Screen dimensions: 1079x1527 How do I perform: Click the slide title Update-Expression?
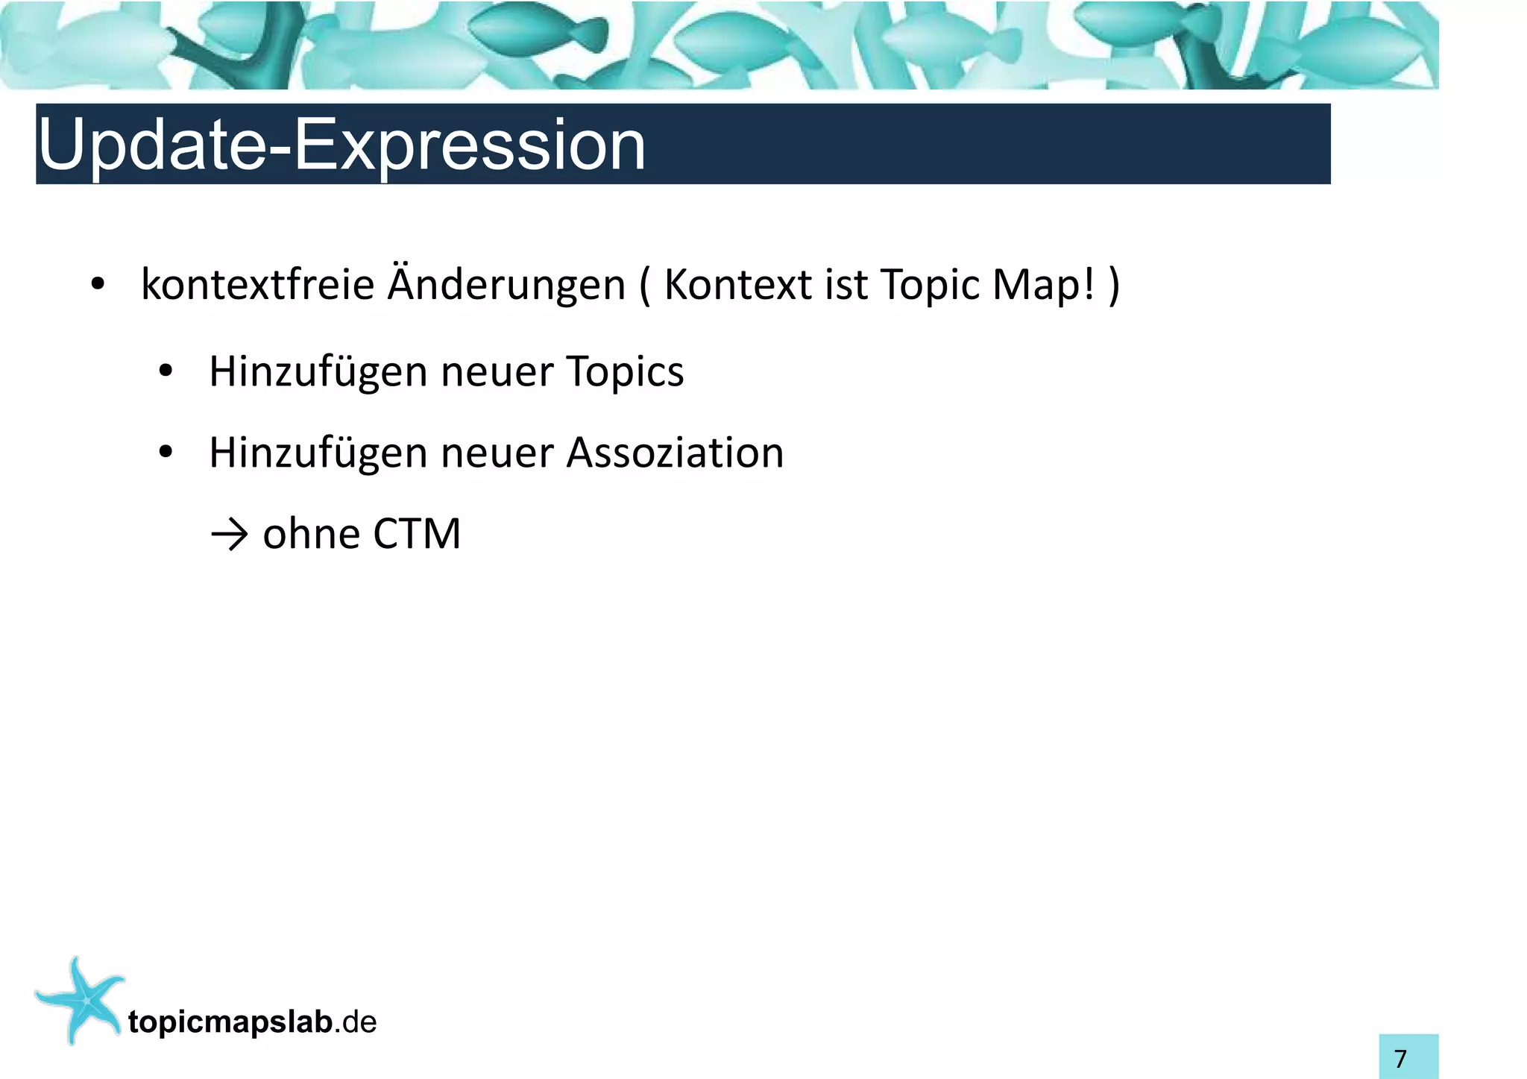341,145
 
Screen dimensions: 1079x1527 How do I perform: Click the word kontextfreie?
257,285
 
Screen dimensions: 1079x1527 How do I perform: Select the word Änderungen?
506,285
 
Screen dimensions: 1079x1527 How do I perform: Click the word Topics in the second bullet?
625,372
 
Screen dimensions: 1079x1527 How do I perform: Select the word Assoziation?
675,453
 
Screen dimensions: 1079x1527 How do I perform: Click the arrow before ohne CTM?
229,535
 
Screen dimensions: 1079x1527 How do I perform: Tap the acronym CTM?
417,535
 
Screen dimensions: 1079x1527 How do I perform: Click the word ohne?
311,535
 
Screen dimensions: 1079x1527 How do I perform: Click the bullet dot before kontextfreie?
97,286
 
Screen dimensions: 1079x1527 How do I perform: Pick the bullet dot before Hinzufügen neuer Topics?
166,371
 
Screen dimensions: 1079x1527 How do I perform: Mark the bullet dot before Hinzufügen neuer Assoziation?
166,452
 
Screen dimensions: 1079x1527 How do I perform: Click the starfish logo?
81,999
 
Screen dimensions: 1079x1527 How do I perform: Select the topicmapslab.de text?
252,1022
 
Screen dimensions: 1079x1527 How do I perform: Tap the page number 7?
1400,1059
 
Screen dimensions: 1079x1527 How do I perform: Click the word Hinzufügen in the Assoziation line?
317,453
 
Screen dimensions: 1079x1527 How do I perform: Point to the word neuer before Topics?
497,372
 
